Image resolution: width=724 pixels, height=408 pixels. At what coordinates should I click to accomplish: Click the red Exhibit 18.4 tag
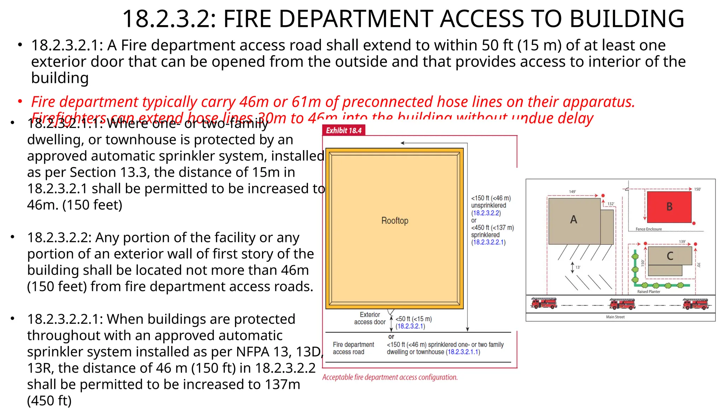pyautogui.click(x=344, y=130)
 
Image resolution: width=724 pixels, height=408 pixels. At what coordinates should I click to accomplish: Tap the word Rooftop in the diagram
pyautogui.click(x=395, y=221)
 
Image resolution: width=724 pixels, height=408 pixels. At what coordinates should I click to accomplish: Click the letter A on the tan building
pyautogui.click(x=573, y=220)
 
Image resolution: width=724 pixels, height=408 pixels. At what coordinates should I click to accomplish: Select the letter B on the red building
pyautogui.click(x=669, y=206)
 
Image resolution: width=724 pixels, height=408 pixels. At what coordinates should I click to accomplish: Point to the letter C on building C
pyautogui.click(x=670, y=256)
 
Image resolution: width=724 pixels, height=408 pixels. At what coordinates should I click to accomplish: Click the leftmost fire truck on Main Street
pyautogui.click(x=544, y=303)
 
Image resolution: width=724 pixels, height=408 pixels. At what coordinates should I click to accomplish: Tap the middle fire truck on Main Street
pyautogui.click(x=622, y=304)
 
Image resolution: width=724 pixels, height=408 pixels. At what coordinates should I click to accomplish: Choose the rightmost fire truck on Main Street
pyautogui.click(x=695, y=304)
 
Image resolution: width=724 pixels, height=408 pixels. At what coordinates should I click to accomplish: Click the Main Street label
pyautogui.click(x=615, y=317)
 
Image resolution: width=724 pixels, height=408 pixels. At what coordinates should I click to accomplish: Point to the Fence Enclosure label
pyautogui.click(x=649, y=229)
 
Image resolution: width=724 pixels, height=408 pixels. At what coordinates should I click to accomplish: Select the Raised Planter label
pyautogui.click(x=649, y=292)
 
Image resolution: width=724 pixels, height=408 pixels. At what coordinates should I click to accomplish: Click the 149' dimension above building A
pyautogui.click(x=572, y=192)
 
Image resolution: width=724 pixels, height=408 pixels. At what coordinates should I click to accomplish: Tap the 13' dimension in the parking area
pyautogui.click(x=578, y=267)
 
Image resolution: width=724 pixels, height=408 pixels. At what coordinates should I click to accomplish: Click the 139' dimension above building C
pyautogui.click(x=682, y=242)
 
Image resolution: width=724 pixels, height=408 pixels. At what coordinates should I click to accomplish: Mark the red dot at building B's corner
pyautogui.click(x=694, y=223)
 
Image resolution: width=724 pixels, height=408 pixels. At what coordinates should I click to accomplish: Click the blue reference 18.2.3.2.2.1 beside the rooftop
pyautogui.click(x=488, y=242)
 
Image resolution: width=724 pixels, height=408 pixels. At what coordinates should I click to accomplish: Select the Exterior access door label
pyautogui.click(x=370, y=318)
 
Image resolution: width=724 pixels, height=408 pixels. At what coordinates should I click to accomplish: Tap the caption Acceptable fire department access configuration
pyautogui.click(x=390, y=378)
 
